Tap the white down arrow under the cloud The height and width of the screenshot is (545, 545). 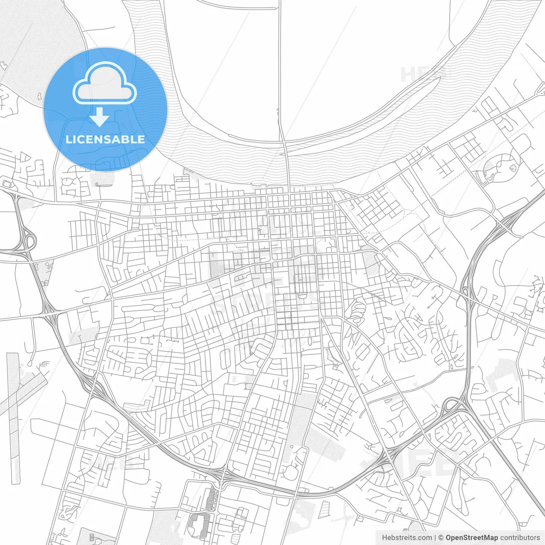click(x=100, y=117)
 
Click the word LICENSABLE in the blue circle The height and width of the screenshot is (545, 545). click(x=105, y=139)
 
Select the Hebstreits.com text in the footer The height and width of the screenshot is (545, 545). click(x=407, y=537)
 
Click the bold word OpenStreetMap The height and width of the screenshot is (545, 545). click(x=471, y=537)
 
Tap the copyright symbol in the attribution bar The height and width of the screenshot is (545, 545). click(x=441, y=537)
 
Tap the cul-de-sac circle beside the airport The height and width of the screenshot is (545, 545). click(x=31, y=363)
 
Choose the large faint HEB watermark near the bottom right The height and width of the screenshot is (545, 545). click(x=426, y=460)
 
